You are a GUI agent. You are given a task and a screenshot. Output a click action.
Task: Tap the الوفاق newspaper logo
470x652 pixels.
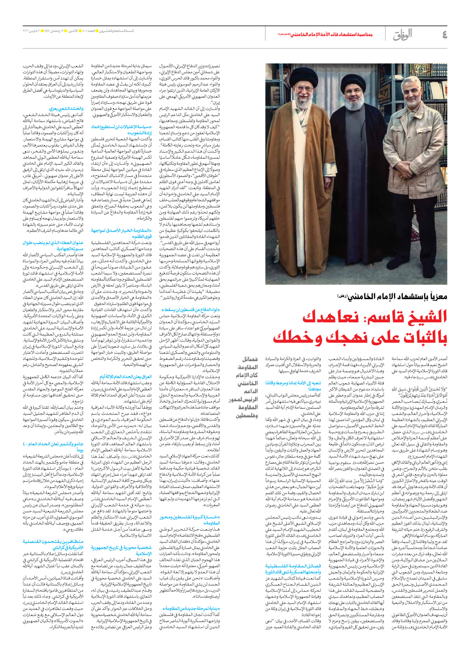[402, 35]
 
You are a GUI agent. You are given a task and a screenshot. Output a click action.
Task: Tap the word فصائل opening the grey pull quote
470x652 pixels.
[250, 359]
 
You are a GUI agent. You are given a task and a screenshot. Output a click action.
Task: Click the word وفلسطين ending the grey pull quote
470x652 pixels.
[247, 415]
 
